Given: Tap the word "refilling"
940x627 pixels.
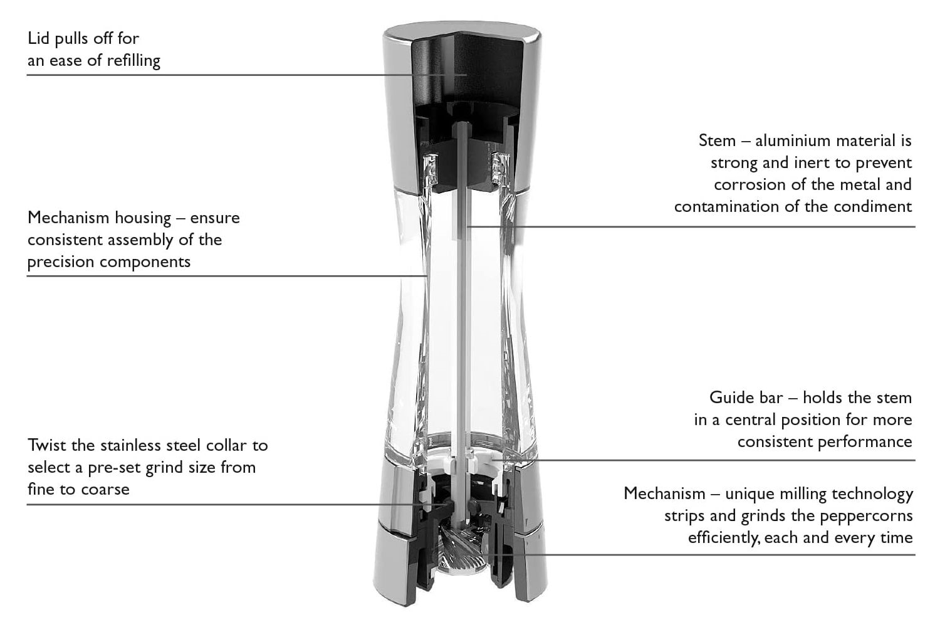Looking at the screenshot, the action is (x=133, y=60).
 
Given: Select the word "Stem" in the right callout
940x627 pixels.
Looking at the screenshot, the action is (x=717, y=140).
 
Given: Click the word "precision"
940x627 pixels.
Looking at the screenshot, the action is (x=61, y=262).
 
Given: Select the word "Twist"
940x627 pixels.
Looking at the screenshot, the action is (x=47, y=445).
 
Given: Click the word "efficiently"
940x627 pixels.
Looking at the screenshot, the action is (x=724, y=537).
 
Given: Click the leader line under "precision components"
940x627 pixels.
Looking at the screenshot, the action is (x=227, y=277).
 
